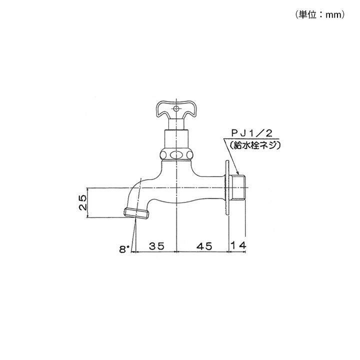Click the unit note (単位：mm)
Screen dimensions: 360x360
(320, 15)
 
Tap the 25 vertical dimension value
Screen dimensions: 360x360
(82, 202)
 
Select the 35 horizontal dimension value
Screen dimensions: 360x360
(156, 246)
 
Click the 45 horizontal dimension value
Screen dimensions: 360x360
(204, 246)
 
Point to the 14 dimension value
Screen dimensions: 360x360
(238, 245)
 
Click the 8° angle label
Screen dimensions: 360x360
(124, 249)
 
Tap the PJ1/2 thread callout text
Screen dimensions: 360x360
(251, 133)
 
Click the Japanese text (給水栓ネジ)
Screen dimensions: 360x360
(255, 145)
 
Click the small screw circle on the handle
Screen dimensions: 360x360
(176, 108)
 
